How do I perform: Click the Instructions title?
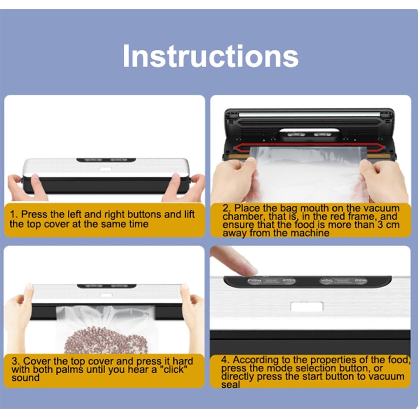(x=210, y=56)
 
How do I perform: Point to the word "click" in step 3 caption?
(x=174, y=370)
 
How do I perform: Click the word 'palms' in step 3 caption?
(x=70, y=370)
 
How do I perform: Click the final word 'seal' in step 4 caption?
(x=230, y=385)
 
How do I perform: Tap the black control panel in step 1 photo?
(x=106, y=160)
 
